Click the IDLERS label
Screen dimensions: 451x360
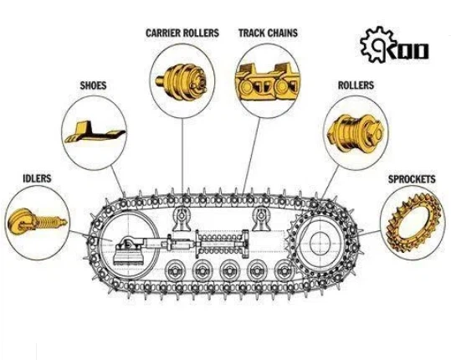[x=37, y=178]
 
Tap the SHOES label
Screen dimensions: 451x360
[x=93, y=85]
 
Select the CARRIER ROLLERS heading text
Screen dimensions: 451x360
[x=182, y=33]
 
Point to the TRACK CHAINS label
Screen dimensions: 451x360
[x=268, y=33]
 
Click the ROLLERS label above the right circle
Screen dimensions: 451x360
[x=356, y=85]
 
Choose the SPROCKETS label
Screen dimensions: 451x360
[x=412, y=179]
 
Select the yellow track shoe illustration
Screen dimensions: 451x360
[x=95, y=132]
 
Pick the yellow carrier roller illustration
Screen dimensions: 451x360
[x=182, y=81]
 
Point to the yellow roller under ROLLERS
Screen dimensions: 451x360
[x=356, y=133]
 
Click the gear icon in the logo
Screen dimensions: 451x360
[x=375, y=44]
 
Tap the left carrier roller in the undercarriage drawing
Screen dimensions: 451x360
[x=182, y=219]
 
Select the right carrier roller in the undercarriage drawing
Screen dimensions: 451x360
[x=261, y=219]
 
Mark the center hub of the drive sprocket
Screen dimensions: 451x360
[x=320, y=243]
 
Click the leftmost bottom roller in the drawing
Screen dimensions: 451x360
[x=175, y=270]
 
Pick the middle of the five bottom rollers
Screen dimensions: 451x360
[x=229, y=270]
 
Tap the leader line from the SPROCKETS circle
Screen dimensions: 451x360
[x=372, y=233]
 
